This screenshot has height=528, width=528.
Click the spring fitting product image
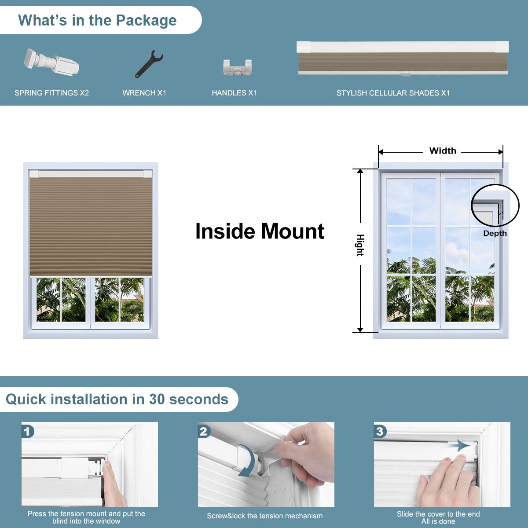[x=52, y=63]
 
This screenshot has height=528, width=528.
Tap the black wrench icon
[x=148, y=64]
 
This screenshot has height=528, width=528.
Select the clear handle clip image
[x=237, y=67]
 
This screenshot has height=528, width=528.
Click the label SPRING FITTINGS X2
[x=51, y=93]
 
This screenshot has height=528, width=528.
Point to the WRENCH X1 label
[x=144, y=93]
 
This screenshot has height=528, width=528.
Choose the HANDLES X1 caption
[x=234, y=93]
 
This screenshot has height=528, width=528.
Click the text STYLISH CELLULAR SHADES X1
[x=393, y=93]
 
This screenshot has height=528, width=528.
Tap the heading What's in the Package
[x=97, y=20]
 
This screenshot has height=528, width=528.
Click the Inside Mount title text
[x=260, y=231]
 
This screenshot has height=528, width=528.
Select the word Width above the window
[x=443, y=151]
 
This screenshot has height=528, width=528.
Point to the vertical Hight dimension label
[x=360, y=245]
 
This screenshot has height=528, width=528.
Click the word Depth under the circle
[x=495, y=233]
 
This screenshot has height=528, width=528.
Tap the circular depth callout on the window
[x=495, y=205]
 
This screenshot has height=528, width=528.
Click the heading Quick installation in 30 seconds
[x=117, y=399]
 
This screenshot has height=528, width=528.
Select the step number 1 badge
[x=28, y=431]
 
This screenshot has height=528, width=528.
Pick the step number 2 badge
[x=204, y=431]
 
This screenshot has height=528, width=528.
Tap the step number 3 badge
[x=380, y=431]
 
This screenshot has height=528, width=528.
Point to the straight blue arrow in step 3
[x=460, y=445]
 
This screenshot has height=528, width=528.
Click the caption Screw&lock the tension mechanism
[x=265, y=516]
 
